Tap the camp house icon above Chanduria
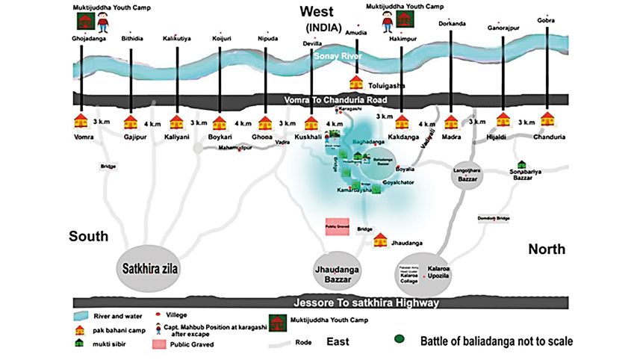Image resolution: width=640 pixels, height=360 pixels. point(548,119)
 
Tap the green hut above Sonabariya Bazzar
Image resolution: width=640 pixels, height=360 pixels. point(521,164)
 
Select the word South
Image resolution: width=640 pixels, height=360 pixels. point(88,237)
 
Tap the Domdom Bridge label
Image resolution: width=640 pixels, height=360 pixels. point(493,218)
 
